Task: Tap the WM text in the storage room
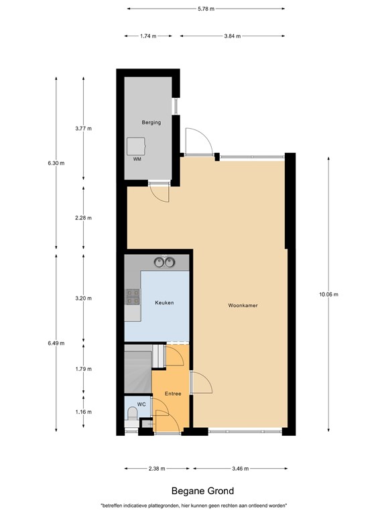tap(137, 159)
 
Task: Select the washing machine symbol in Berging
tap(137, 146)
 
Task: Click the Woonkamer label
tap(243, 306)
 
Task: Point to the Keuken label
tap(164, 303)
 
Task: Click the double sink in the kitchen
tap(164, 262)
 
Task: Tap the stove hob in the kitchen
tap(132, 296)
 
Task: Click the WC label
tap(141, 404)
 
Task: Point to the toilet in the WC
tap(131, 420)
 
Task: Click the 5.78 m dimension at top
tap(206, 9)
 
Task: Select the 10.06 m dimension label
tap(328, 294)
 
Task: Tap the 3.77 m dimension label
tap(83, 128)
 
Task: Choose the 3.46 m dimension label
tap(241, 469)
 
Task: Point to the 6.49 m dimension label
tap(56, 343)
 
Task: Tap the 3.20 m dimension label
tap(83, 298)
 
